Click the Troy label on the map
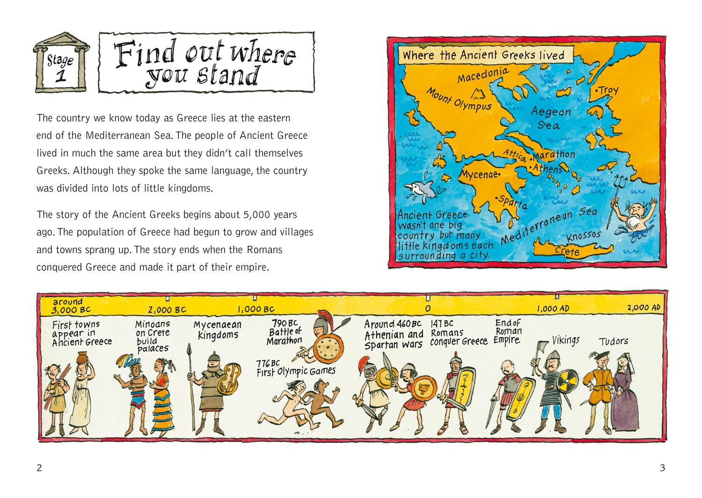click(607, 90)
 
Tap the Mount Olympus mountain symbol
click(479, 94)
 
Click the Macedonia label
click(482, 74)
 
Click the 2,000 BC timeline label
click(167, 309)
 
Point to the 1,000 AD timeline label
click(554, 308)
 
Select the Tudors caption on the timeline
click(614, 341)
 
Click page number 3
click(662, 467)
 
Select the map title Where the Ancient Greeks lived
click(483, 55)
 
